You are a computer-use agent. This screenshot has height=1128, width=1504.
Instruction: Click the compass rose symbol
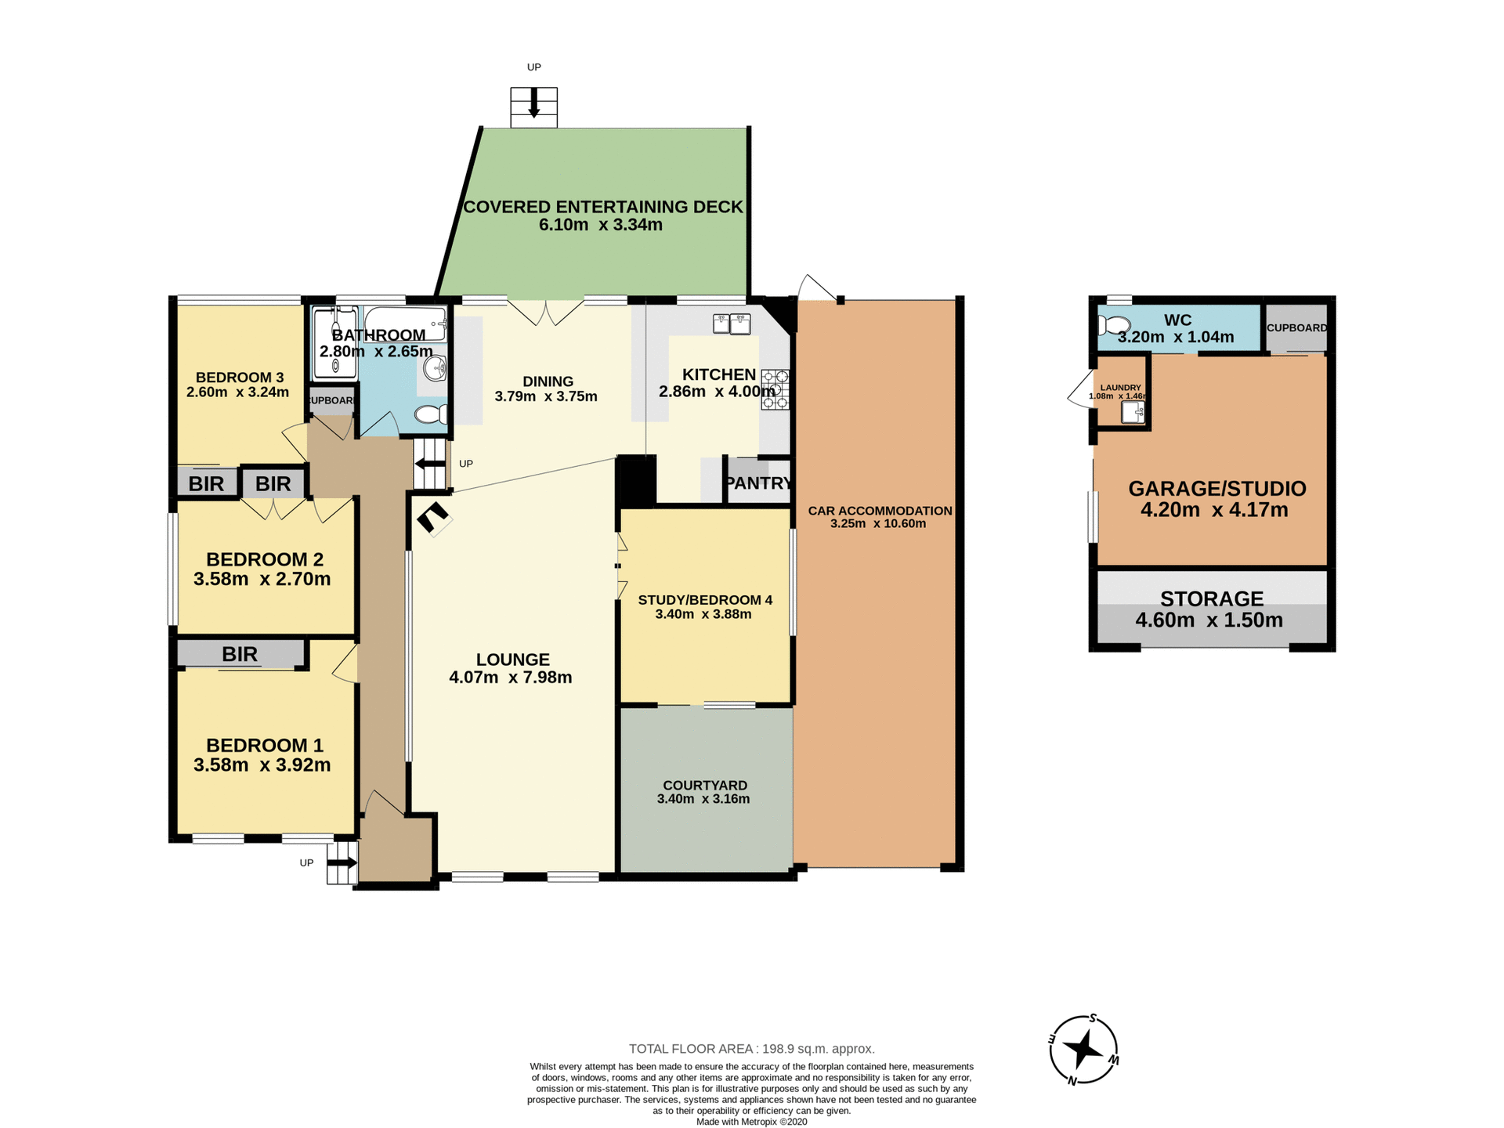pos(1083,1050)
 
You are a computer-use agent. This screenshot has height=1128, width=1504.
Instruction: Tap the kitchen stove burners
pos(775,389)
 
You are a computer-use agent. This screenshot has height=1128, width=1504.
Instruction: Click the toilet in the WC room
pos(1114,325)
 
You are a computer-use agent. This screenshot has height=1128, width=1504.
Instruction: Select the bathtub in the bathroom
pos(404,323)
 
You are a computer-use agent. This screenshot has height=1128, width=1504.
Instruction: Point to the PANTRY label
pos(757,483)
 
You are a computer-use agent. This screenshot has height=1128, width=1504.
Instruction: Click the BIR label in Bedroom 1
pos(240,654)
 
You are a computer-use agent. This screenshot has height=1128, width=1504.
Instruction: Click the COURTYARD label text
pos(704,785)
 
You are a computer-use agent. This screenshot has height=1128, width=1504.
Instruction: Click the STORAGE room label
pos(1211,599)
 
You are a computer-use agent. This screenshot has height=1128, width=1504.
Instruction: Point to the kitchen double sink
pos(732,323)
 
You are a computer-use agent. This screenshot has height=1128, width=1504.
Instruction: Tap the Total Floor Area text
pos(751,1048)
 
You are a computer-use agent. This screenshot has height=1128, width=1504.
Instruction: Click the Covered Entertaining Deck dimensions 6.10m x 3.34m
pos(600,226)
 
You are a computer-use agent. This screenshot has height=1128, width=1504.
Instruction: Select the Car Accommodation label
pos(880,511)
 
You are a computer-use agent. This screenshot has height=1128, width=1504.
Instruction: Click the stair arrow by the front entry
pos(342,863)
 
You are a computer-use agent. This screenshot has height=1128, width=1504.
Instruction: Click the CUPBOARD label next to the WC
pos(1296,327)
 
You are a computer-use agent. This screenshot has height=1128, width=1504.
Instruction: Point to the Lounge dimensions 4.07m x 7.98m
pos(510,678)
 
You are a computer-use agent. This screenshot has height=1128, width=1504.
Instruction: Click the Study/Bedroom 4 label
pos(704,600)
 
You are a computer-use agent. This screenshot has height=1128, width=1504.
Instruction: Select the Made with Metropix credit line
pos(751,1122)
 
